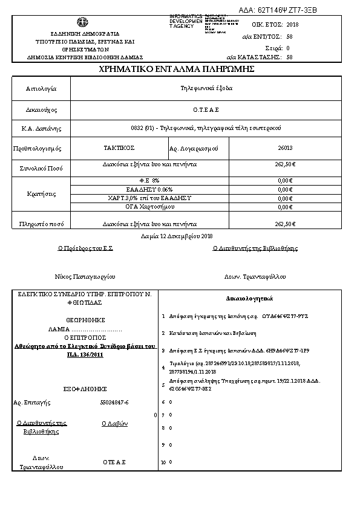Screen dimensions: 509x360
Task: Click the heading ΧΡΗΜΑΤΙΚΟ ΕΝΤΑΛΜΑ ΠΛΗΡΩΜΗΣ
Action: pyautogui.click(x=180, y=70)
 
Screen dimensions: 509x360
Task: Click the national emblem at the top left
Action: pyautogui.click(x=80, y=21)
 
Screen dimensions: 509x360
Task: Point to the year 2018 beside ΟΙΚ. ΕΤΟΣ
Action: pyautogui.click(x=292, y=25)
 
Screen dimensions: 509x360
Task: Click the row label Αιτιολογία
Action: pyautogui.click(x=41, y=89)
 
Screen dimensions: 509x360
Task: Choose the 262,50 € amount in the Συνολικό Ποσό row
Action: pyautogui.click(x=284, y=164)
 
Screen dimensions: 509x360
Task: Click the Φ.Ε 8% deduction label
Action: pyautogui.click(x=149, y=180)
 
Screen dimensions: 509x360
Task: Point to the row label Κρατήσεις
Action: pyautogui.click(x=41, y=194)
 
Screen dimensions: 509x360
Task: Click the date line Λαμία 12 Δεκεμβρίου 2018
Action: pyautogui.click(x=180, y=236)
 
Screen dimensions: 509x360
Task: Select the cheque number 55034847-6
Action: pyautogui.click(x=114, y=402)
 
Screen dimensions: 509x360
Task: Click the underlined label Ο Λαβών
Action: pyautogui.click(x=114, y=424)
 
